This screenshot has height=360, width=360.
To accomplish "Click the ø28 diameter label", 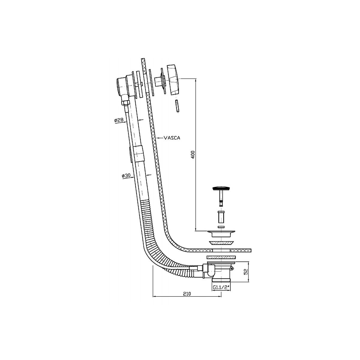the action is point(119,120).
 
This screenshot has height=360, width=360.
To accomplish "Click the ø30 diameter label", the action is point(126,175).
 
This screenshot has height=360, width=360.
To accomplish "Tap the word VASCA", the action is point(172,138).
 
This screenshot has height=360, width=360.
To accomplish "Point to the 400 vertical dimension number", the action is point(193,154).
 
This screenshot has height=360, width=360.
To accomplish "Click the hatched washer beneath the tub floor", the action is point(221,257).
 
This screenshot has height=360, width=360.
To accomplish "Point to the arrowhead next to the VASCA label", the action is point(159,138).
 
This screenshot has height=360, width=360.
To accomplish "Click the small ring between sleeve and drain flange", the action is point(221,227).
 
